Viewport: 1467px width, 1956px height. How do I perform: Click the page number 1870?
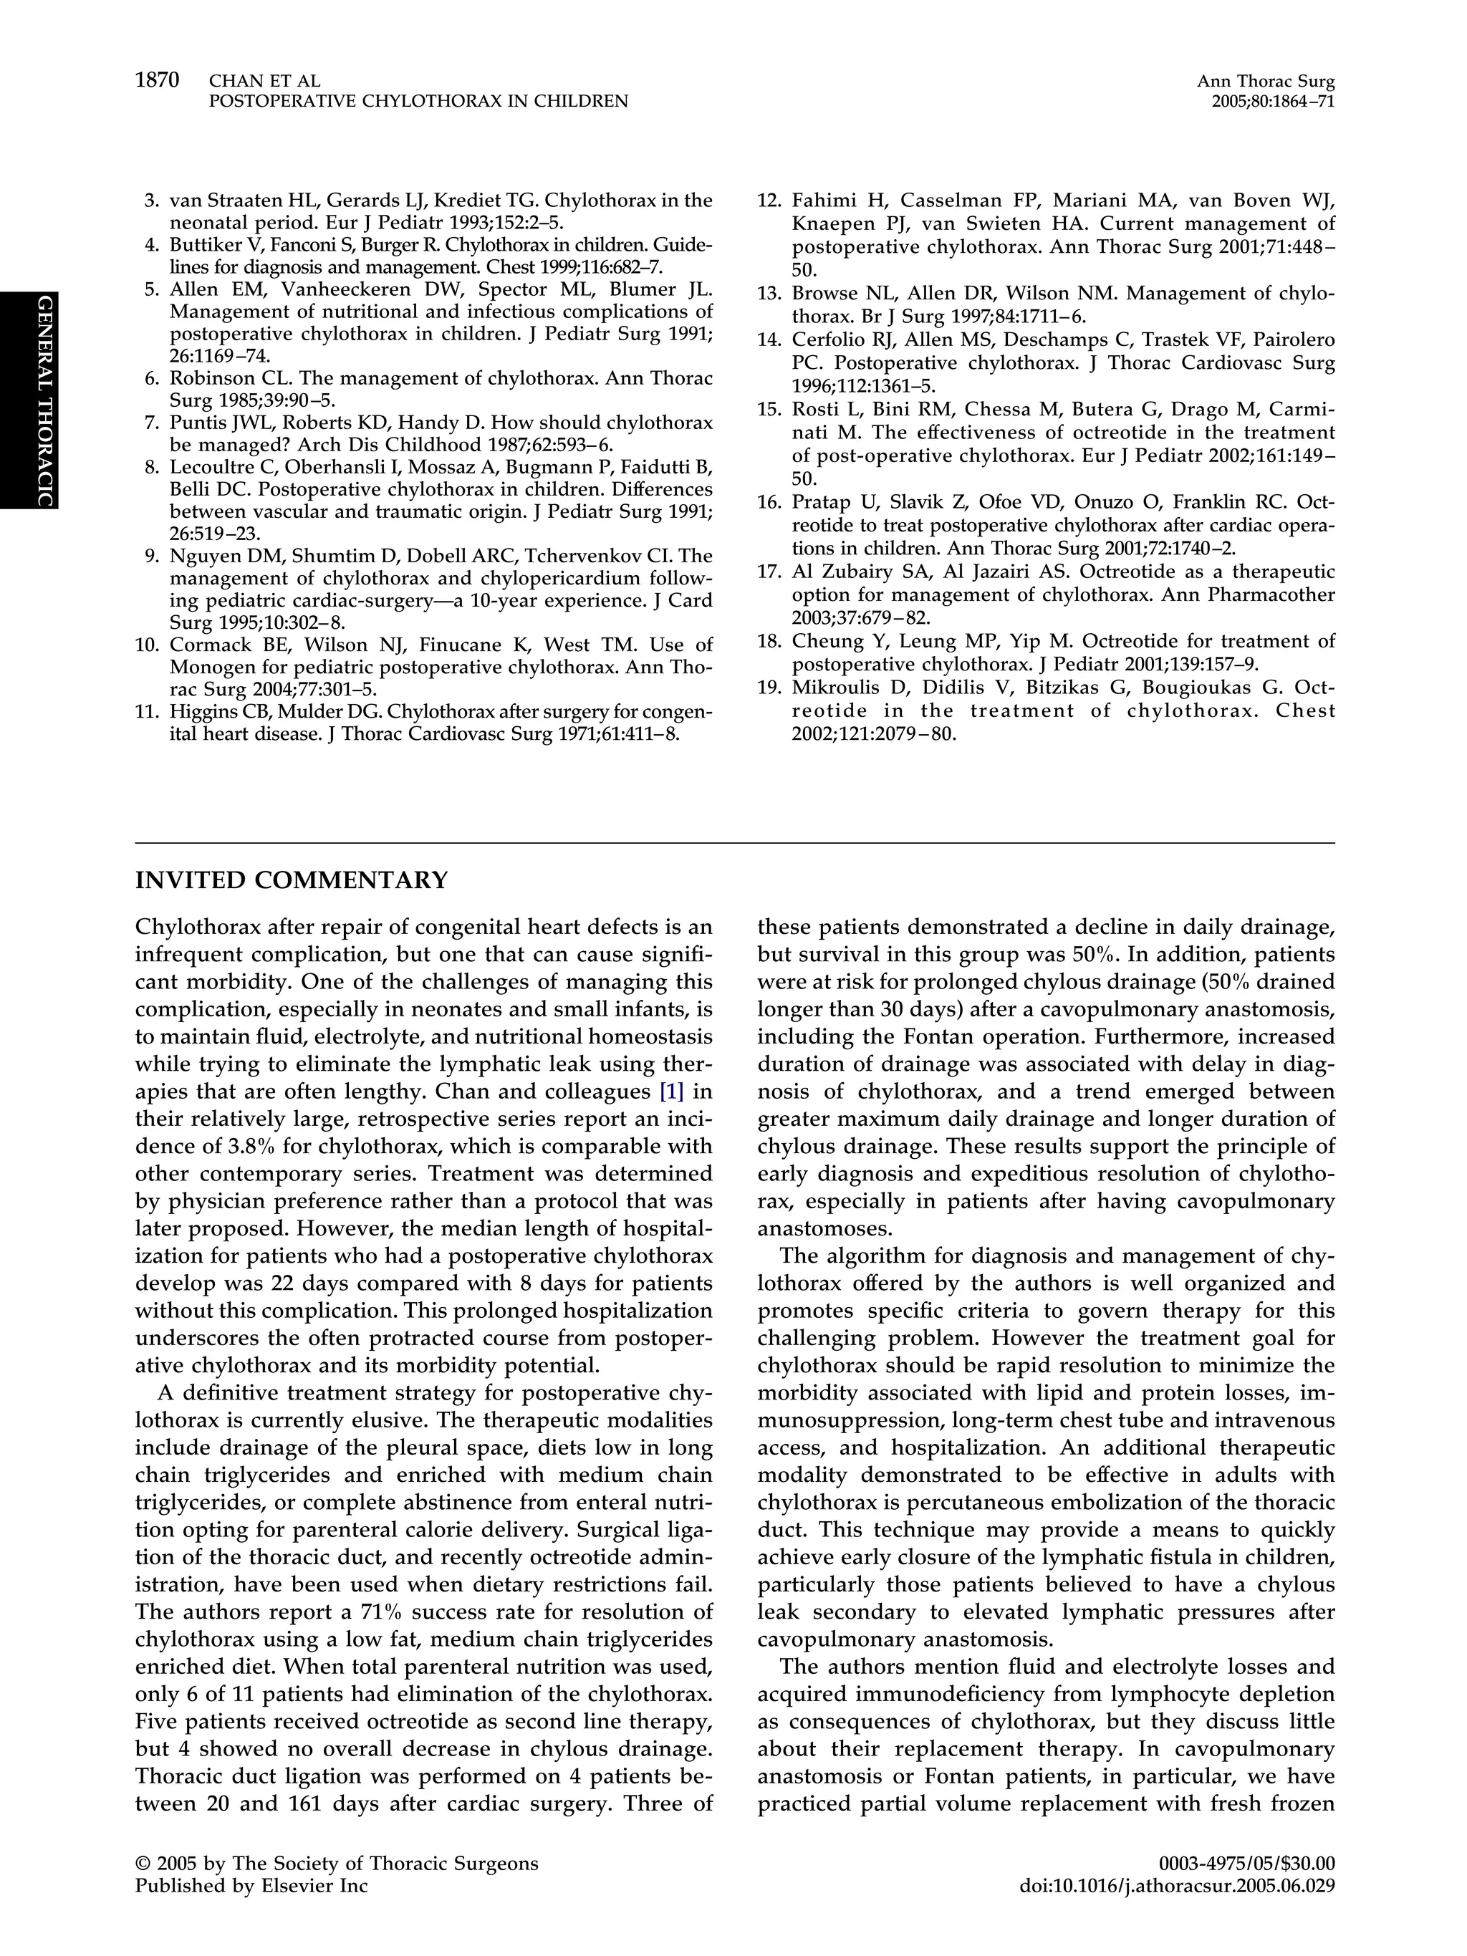pyautogui.click(x=157, y=80)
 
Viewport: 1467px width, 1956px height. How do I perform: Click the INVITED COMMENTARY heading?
pyautogui.click(x=291, y=881)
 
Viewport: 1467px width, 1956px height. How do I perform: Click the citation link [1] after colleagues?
pyautogui.click(x=671, y=1092)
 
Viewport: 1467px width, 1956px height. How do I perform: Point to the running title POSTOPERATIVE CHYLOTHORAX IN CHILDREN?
pyautogui.click(x=418, y=102)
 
